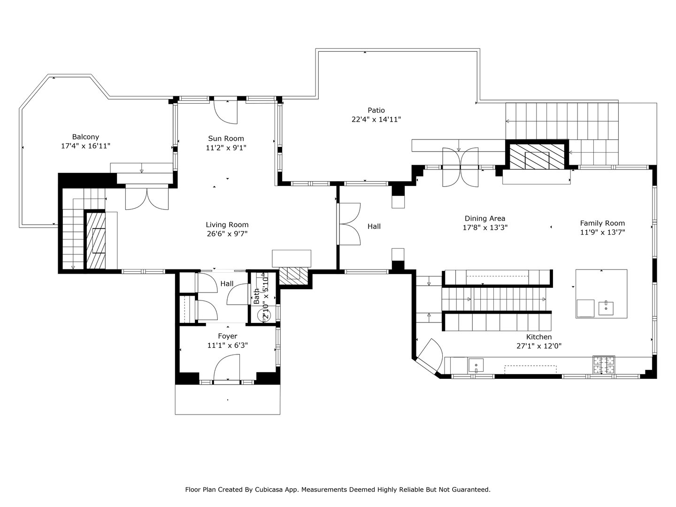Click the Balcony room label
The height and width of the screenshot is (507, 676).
click(85, 137)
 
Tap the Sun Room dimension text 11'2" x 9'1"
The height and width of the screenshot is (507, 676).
click(226, 147)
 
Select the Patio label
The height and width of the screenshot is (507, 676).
click(376, 110)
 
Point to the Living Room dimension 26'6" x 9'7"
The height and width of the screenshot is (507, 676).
click(227, 234)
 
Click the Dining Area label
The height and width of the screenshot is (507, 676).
click(485, 218)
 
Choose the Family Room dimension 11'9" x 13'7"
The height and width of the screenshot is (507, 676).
click(602, 232)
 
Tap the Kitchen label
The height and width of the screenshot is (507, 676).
click(538, 337)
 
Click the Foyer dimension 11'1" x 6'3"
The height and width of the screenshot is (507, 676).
click(227, 345)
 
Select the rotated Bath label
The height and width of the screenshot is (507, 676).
click(257, 296)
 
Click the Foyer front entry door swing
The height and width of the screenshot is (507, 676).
click(226, 368)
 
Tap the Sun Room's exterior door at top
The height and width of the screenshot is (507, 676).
click(226, 112)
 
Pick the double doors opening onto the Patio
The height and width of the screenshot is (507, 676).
click(460, 167)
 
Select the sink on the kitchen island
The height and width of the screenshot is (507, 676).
click(607, 308)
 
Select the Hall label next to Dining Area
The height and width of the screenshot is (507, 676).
click(374, 227)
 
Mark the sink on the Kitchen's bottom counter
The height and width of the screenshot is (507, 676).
click(476, 365)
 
